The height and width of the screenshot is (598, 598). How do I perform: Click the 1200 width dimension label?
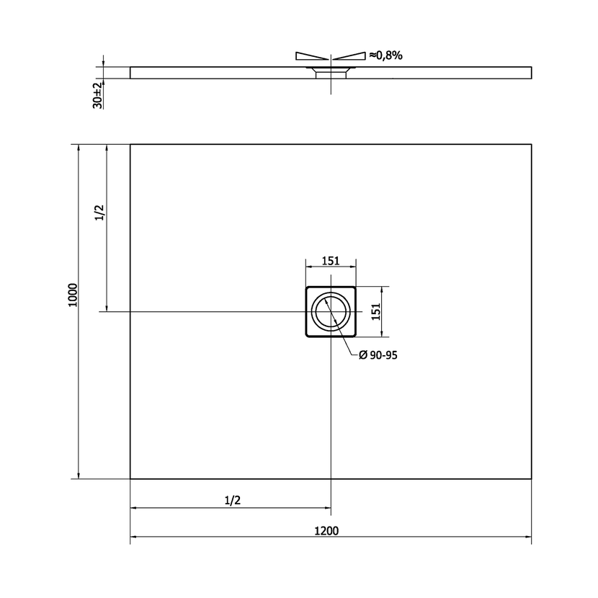pos(326,530)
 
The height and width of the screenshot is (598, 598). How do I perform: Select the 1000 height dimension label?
pos(73,295)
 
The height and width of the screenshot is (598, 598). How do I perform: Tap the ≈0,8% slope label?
pos(385,55)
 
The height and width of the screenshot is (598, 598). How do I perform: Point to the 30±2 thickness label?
pos(98,95)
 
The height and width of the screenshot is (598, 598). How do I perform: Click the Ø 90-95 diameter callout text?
pos(378,355)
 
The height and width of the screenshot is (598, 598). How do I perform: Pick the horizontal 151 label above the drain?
pos(331,261)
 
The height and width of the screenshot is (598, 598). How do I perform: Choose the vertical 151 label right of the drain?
pos(376,311)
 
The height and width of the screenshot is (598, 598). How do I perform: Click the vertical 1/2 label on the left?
pos(99,213)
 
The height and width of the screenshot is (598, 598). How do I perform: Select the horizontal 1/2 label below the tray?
pos(233,500)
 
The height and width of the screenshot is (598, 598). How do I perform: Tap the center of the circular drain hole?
pos(331,311)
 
